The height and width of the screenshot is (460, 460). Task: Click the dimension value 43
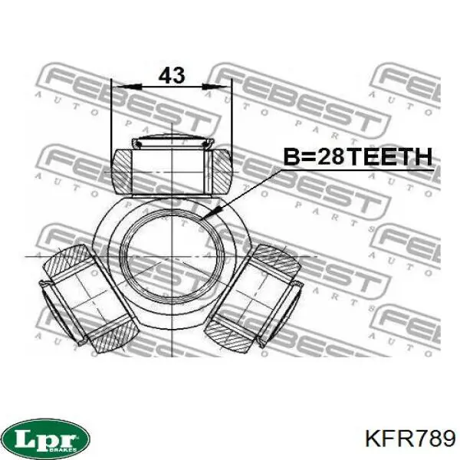[172, 75]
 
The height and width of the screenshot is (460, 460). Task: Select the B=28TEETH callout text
[358, 157]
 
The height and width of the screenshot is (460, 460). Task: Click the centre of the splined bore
[172, 253]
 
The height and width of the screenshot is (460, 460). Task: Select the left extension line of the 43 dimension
[111, 115]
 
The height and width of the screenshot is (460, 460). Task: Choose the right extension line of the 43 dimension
[232, 115]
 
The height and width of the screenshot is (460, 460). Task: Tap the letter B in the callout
[292, 157]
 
